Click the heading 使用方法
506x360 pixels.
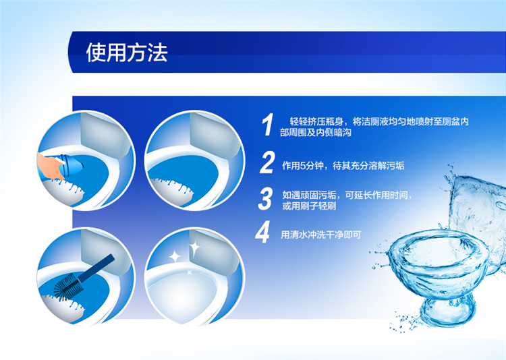click(127, 53)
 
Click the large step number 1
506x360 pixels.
click(268, 125)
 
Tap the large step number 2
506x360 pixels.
click(267, 162)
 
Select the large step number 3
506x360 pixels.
click(265, 199)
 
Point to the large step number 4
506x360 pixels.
click(262, 232)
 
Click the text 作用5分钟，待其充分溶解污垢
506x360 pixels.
click(343, 166)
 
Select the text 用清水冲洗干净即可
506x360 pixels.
click(320, 235)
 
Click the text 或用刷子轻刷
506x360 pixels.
click(309, 206)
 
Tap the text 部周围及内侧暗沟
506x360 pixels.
click(316, 132)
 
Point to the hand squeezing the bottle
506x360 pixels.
click(49, 165)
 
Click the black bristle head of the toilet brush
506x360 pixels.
click(69, 287)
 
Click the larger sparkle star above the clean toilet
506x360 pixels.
click(194, 248)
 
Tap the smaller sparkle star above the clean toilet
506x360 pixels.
click(175, 257)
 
